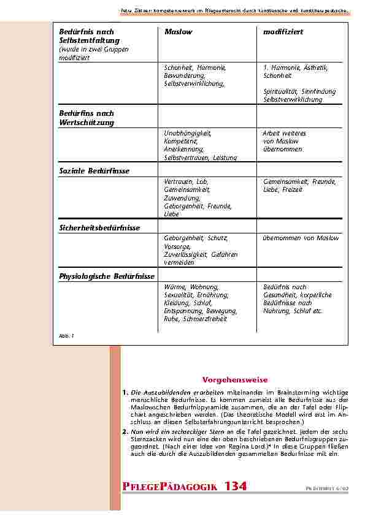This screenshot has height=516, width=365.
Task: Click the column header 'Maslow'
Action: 179,31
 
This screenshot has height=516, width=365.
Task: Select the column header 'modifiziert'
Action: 283,31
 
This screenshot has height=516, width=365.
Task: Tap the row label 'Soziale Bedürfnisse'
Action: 94,171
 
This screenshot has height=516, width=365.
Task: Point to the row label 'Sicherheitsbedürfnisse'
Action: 99,227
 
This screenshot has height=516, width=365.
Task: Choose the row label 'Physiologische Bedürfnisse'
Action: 107,276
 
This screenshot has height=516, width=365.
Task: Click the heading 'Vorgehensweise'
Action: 226,380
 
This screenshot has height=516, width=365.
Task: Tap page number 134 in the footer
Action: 236,486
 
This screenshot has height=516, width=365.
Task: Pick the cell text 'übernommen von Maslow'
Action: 301,238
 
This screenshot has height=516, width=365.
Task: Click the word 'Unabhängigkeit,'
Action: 187,133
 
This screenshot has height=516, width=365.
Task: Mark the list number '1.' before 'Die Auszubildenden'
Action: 125,392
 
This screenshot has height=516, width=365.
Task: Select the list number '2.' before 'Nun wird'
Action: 125,431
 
